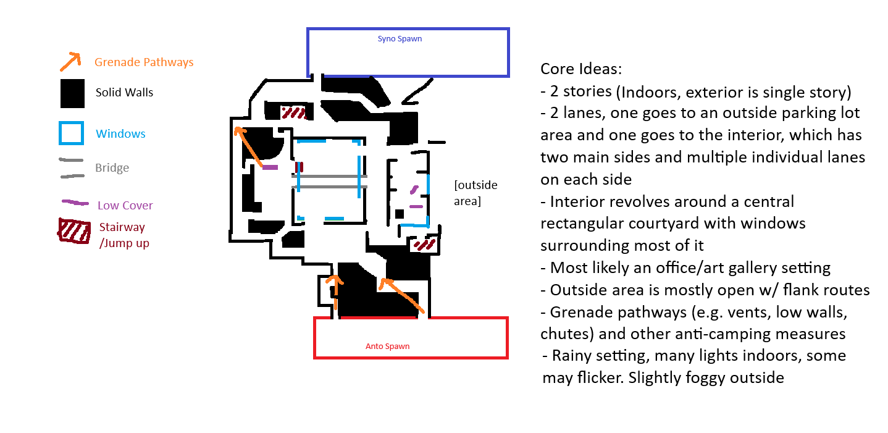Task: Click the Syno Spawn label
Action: coord(400,39)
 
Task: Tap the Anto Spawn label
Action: coord(387,346)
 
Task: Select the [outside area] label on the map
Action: coord(475,193)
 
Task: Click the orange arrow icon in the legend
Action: coord(70,61)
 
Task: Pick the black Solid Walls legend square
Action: coord(72,94)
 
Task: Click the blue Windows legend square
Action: coord(71,133)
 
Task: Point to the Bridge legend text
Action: coord(112,168)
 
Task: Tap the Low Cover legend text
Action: coord(125,206)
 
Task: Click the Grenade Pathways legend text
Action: coord(144,62)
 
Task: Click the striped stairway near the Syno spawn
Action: coord(293,112)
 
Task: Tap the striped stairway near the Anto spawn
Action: coord(424,245)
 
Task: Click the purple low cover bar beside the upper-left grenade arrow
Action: coord(270,167)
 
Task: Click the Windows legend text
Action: coord(120,134)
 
